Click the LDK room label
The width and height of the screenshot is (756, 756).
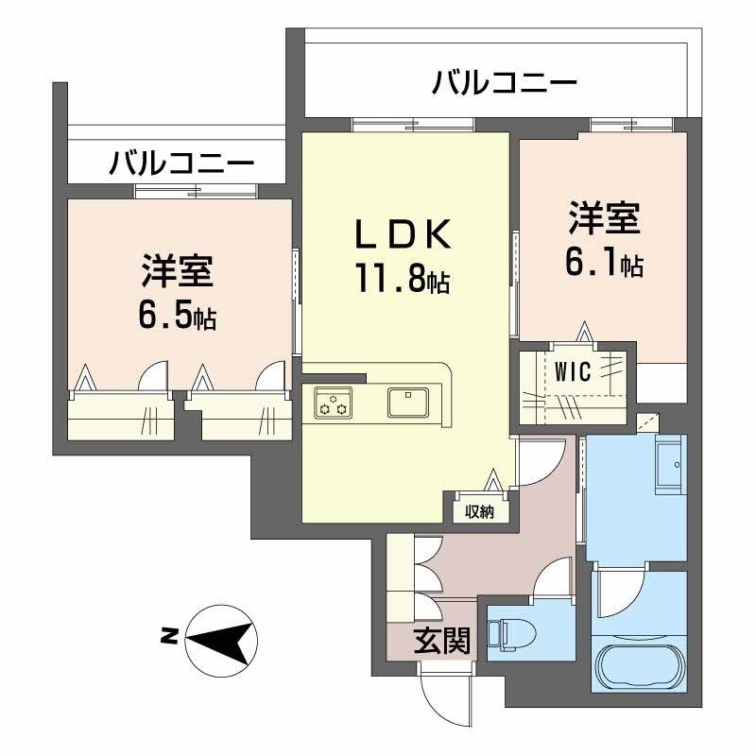pyautogui.click(x=404, y=233)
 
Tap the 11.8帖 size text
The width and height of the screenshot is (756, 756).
pyautogui.click(x=404, y=279)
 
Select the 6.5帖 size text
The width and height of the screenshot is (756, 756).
pyautogui.click(x=178, y=316)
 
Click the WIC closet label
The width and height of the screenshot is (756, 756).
pyautogui.click(x=573, y=371)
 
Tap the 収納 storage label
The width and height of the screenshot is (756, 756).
pyautogui.click(x=479, y=511)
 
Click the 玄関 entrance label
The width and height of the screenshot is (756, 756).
pyautogui.click(x=441, y=641)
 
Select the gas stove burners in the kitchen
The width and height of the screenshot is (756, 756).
pyautogui.click(x=334, y=403)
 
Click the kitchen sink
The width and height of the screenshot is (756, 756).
pyautogui.click(x=408, y=403)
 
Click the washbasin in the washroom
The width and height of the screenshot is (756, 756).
pyautogui.click(x=671, y=465)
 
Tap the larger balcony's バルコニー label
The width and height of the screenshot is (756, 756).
pyautogui.click(x=504, y=82)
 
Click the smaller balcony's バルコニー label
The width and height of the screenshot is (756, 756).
pyautogui.click(x=181, y=163)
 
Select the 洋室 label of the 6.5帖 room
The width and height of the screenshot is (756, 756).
pyautogui.click(x=178, y=271)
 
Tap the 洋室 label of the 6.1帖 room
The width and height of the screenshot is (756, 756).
pyautogui.click(x=604, y=218)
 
